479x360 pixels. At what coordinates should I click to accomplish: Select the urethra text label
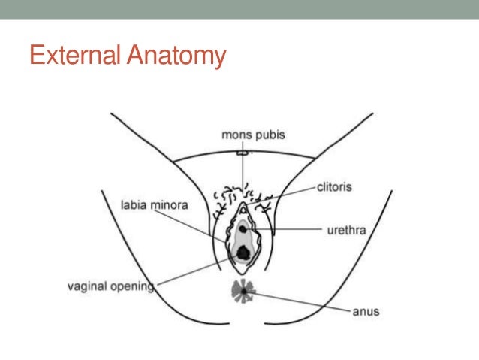[346, 230]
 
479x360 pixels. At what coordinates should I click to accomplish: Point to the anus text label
[366, 311]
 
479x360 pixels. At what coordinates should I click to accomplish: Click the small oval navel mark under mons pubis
[242, 153]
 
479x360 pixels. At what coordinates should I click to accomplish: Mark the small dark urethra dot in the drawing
[243, 227]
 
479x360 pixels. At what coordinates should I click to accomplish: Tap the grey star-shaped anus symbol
[243, 290]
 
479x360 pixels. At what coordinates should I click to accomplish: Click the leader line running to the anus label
[300, 300]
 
